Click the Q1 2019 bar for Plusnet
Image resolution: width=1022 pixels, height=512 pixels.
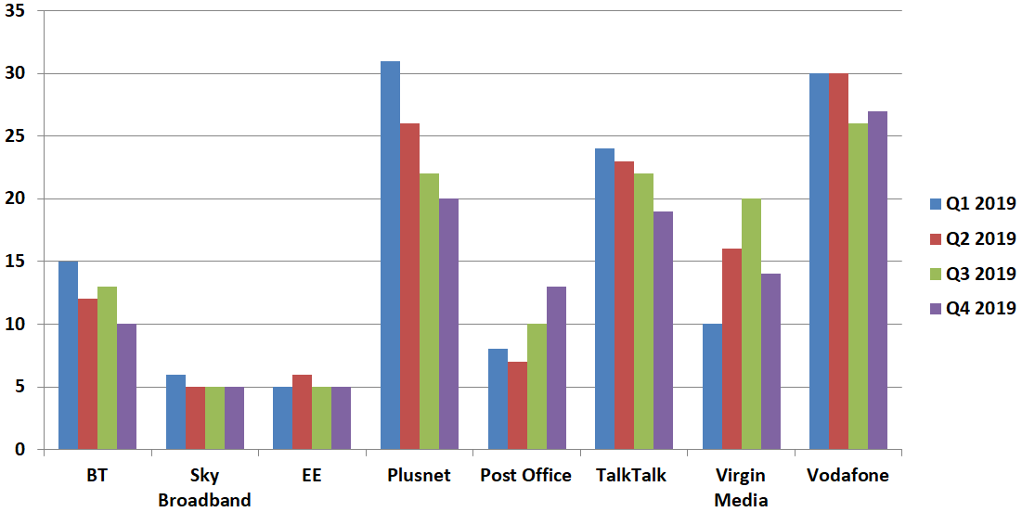click(x=390, y=255)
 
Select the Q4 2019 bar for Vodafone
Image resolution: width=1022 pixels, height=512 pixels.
click(x=877, y=280)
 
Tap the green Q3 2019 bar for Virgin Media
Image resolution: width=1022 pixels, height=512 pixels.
click(x=751, y=325)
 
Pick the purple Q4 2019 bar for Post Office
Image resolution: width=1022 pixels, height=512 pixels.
click(x=556, y=368)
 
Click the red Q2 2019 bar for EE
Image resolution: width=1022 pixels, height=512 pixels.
click(x=303, y=412)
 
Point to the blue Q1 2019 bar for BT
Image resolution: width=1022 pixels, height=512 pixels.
click(x=68, y=355)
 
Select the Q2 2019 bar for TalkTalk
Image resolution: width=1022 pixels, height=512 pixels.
click(x=624, y=305)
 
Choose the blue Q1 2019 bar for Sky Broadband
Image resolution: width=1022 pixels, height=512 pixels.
click(x=175, y=412)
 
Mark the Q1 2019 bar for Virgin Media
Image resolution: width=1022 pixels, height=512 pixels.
click(x=712, y=387)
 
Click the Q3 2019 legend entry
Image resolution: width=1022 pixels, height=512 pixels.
click(x=973, y=274)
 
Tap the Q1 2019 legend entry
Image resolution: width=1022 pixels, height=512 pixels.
click(x=973, y=204)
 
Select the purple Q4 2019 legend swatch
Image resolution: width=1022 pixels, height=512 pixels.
click(x=936, y=309)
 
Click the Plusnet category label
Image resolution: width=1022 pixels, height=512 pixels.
click(x=419, y=476)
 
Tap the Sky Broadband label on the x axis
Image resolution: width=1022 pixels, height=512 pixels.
click(x=204, y=488)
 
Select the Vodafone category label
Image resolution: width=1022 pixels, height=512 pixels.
click(x=848, y=476)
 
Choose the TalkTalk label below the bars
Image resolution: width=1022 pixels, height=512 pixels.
click(x=631, y=476)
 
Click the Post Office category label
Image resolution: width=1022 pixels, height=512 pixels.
click(x=525, y=476)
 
